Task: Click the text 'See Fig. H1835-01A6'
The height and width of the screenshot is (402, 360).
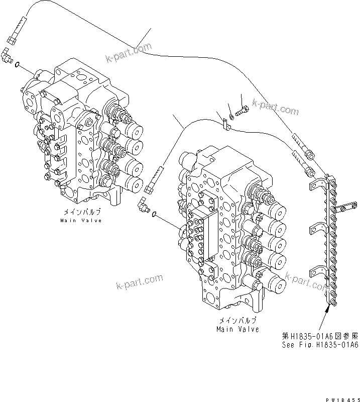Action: (x=319, y=345)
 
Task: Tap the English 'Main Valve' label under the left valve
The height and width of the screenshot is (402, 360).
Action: (x=81, y=221)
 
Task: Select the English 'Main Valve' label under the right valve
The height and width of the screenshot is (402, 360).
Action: (x=238, y=330)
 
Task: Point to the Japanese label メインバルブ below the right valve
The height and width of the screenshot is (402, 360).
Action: (x=238, y=321)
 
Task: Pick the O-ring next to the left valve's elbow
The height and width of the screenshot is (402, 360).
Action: (x=18, y=64)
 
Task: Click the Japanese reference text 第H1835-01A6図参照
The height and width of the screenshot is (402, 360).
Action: (x=319, y=336)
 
